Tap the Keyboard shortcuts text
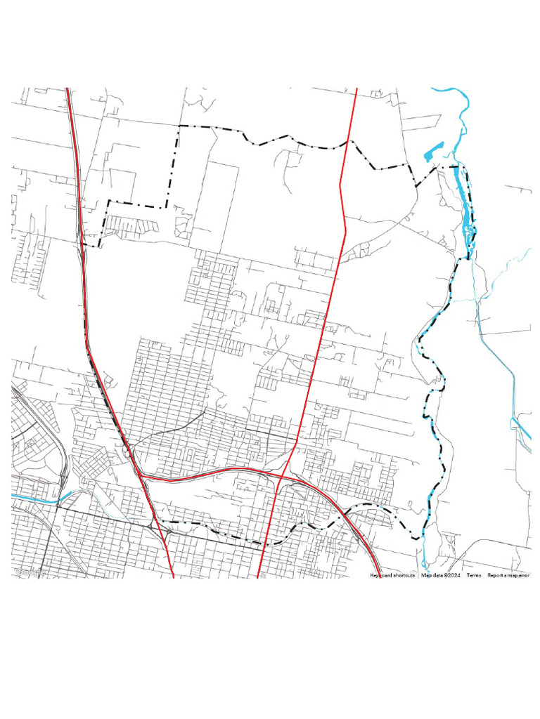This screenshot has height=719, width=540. click(x=392, y=575)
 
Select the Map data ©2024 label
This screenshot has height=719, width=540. click(x=440, y=575)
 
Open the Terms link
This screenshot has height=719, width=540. click(x=474, y=575)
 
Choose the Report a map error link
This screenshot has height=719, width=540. click(x=509, y=575)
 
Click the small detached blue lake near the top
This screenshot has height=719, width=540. click(x=432, y=152)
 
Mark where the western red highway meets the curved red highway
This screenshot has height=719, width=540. click(x=141, y=475)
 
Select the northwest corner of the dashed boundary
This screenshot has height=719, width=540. click(x=179, y=126)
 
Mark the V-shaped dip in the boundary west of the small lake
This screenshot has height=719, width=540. click(x=416, y=185)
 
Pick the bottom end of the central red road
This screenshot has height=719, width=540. click(x=260, y=576)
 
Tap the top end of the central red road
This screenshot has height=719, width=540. click(x=357, y=89)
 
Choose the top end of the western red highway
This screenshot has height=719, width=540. click(x=67, y=89)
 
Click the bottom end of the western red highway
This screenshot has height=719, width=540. click(x=173, y=576)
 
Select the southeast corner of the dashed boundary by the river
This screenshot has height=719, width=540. click(x=420, y=538)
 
